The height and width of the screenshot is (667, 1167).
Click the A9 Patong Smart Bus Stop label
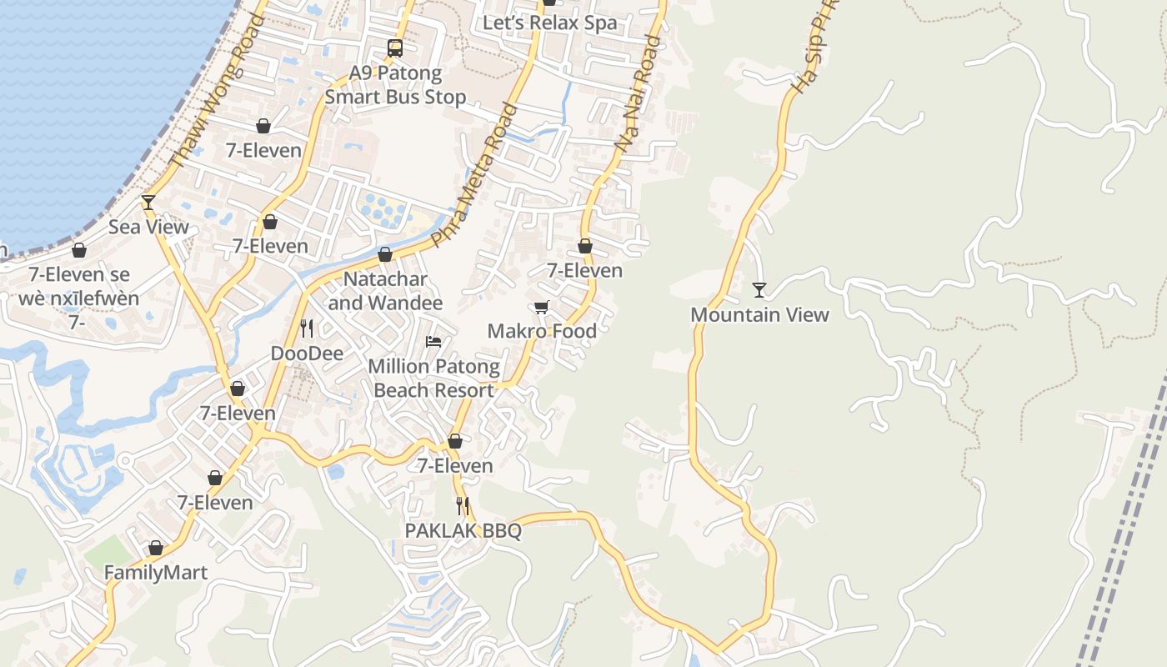tap(395, 85)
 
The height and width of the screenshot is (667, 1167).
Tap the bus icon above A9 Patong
tap(395, 48)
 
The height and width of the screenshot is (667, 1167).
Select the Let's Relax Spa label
tap(550, 23)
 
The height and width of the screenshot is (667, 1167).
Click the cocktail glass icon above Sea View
tap(148, 202)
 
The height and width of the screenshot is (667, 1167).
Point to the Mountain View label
tap(759, 314)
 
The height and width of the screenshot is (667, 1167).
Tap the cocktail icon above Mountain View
tap(759, 290)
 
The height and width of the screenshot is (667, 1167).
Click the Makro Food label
tap(542, 331)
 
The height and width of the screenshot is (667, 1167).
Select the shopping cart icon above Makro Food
tap(542, 308)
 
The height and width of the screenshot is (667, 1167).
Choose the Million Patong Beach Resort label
tap(433, 378)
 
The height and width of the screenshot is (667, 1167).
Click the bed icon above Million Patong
tap(433, 341)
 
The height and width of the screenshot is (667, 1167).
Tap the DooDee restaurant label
tap(307, 354)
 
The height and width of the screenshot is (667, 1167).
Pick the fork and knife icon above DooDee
tap(307, 328)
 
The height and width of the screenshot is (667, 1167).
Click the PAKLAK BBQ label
tap(463, 530)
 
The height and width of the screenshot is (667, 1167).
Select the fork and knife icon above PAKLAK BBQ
tap(463, 505)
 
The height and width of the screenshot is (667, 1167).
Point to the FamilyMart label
tap(155, 573)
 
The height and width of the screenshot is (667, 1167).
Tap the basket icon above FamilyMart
tap(155, 548)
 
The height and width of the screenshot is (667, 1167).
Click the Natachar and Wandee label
tap(385, 290)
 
